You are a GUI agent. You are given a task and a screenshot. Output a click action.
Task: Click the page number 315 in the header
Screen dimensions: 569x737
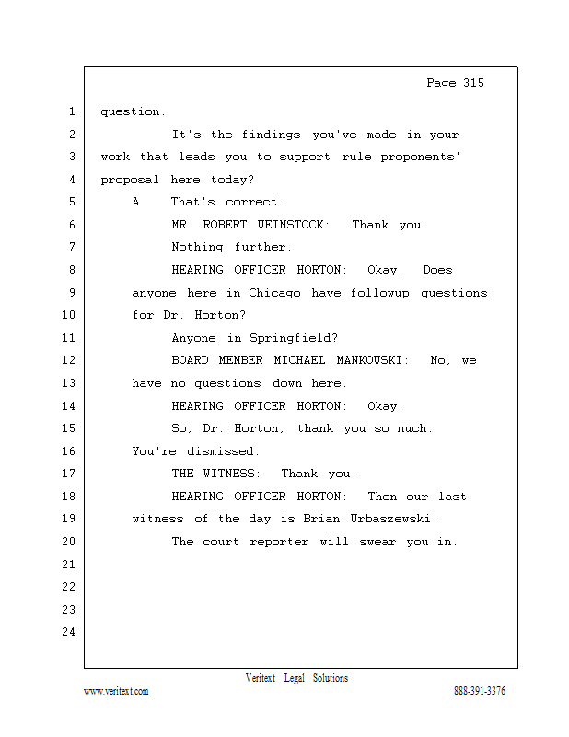click(473, 83)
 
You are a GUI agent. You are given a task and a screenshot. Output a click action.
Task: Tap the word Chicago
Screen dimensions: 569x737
click(274, 293)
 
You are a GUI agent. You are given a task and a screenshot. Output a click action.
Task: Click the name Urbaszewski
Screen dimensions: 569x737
click(390, 519)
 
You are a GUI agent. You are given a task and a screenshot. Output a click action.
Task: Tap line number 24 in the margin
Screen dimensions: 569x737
click(69, 632)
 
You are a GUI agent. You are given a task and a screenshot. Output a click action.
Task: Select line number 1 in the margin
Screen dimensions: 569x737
click(72, 111)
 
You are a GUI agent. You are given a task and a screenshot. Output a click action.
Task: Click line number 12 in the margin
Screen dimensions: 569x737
click(69, 360)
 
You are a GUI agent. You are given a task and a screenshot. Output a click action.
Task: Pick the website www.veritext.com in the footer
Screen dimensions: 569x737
click(116, 691)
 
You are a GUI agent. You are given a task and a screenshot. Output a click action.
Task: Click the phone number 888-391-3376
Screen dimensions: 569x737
click(480, 691)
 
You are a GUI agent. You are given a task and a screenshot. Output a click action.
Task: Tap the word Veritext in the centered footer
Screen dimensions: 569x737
click(261, 678)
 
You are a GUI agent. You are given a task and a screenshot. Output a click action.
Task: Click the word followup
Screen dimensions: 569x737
click(379, 293)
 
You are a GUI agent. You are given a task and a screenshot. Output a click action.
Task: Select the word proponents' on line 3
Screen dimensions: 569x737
click(420, 157)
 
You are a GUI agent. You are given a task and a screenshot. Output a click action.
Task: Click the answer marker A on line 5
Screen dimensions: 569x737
click(135, 202)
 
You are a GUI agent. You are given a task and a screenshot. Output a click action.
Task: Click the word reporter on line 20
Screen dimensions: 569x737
click(279, 542)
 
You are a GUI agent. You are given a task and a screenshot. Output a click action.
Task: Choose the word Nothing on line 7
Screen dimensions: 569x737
click(197, 247)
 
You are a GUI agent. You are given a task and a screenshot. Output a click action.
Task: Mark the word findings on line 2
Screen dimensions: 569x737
click(271, 135)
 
